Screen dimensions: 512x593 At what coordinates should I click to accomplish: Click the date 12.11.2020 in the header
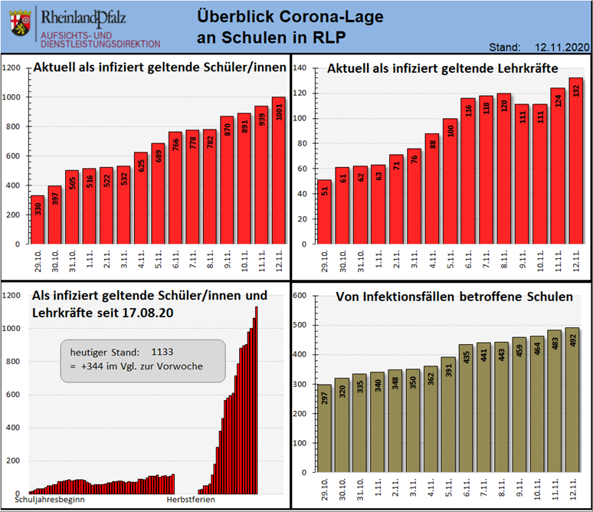pyautogui.click(x=562, y=48)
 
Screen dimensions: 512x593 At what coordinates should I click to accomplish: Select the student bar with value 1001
pyautogui.click(x=278, y=170)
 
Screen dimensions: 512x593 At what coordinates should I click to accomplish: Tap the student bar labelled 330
pyautogui.click(x=38, y=219)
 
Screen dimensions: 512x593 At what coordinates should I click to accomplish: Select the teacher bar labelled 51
pyautogui.click(x=325, y=212)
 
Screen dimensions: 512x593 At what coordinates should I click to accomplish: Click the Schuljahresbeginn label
pyautogui.click(x=50, y=500)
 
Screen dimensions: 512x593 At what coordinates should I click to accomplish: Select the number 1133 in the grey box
pyautogui.click(x=162, y=352)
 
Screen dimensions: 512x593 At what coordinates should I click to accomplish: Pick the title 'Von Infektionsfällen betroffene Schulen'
pyautogui.click(x=454, y=297)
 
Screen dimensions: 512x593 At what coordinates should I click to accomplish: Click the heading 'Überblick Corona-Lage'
pyautogui.click(x=290, y=16)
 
